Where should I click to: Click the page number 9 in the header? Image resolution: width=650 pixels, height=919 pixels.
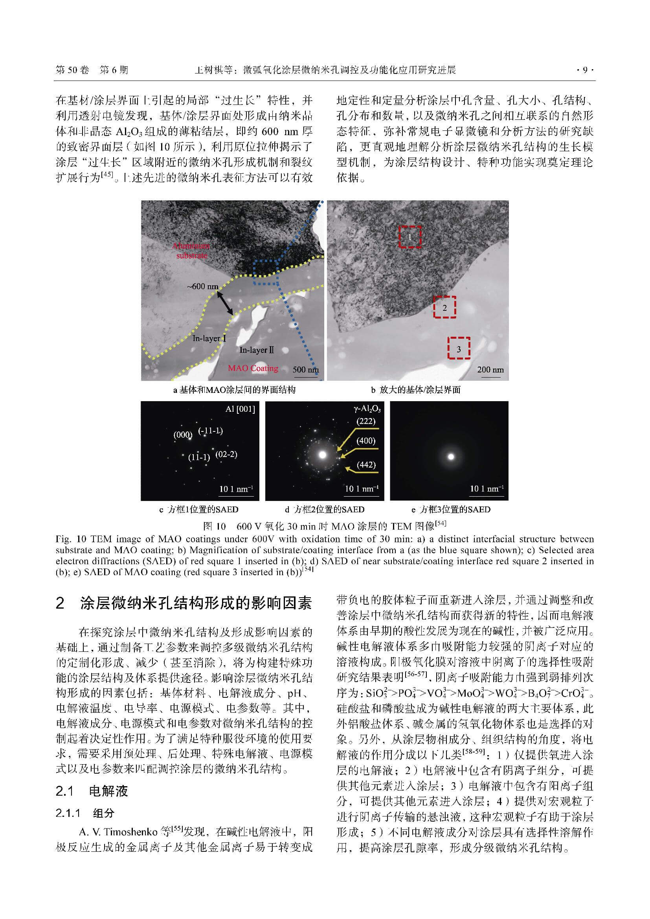pyautogui.click(x=585, y=70)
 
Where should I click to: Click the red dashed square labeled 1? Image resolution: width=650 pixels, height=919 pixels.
pyautogui.click(x=410, y=237)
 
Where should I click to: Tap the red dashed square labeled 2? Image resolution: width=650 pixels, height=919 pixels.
pyautogui.click(x=444, y=307)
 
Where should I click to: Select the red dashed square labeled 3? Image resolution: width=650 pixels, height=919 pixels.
pyautogui.click(x=458, y=348)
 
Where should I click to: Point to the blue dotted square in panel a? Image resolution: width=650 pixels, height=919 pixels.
pyautogui.click(x=266, y=272)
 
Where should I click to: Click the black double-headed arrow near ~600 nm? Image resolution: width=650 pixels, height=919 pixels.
pyautogui.click(x=225, y=303)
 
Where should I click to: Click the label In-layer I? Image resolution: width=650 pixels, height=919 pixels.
pyautogui.click(x=209, y=339)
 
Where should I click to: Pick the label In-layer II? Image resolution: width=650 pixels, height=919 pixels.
pyautogui.click(x=257, y=350)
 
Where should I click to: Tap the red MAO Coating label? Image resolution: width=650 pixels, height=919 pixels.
pyautogui.click(x=253, y=368)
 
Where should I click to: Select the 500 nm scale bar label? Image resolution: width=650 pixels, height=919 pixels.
pyautogui.click(x=305, y=369)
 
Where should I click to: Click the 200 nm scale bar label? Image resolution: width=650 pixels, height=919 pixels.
pyautogui.click(x=490, y=369)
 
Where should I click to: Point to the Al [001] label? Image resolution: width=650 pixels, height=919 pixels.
pyautogui.click(x=240, y=409)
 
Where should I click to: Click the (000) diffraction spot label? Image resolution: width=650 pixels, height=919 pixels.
pyautogui.click(x=182, y=435)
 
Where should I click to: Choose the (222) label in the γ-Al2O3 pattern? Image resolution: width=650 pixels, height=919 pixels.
pyautogui.click(x=366, y=421)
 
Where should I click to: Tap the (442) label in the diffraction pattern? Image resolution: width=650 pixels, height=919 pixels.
pyautogui.click(x=366, y=465)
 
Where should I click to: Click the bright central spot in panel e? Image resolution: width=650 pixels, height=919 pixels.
pyautogui.click(x=451, y=456)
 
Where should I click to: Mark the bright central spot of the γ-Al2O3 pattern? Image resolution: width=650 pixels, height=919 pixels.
pyautogui.click(x=323, y=455)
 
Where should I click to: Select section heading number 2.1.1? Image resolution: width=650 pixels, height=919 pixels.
pyautogui.click(x=68, y=813)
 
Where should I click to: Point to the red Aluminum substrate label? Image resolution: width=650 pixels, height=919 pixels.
pyautogui.click(x=191, y=251)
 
